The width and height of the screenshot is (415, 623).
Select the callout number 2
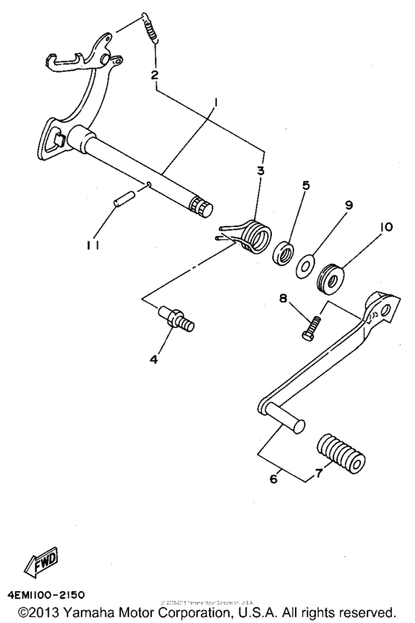point(154,74)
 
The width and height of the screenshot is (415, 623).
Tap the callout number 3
point(261,171)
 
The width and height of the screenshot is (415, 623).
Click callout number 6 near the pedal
point(276,480)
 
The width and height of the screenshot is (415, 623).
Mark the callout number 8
point(282,298)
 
